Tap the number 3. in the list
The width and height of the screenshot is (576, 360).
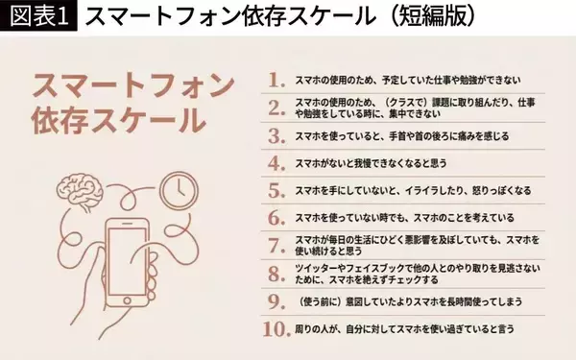277,135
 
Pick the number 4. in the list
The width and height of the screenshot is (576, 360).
277,163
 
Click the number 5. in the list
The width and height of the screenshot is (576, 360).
277,190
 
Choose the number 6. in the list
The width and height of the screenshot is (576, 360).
277,217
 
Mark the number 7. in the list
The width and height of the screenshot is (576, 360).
277,244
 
